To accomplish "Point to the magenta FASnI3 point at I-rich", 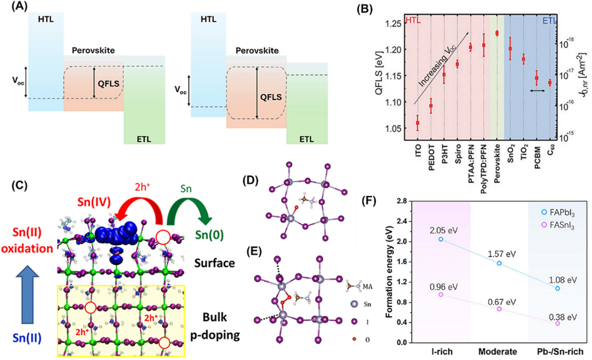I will point(441,295).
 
